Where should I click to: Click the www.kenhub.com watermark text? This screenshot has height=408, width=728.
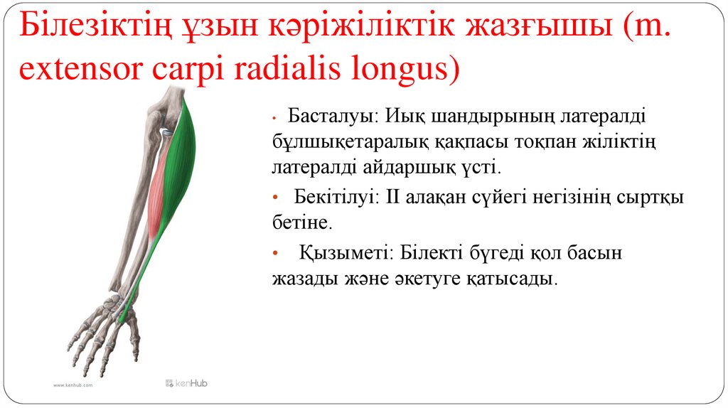tap(73, 385)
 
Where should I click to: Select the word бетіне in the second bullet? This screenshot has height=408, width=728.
tap(301, 223)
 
